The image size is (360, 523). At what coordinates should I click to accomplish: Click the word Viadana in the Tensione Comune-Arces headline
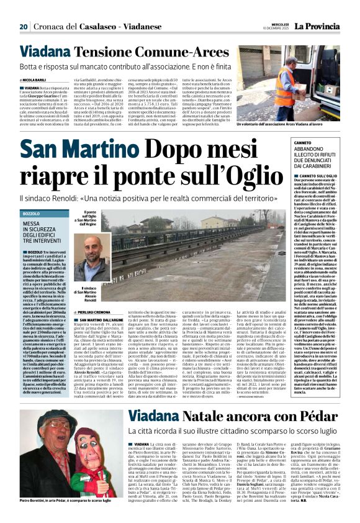click(x=44, y=52)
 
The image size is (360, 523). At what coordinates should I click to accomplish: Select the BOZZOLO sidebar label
click(x=31, y=214)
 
